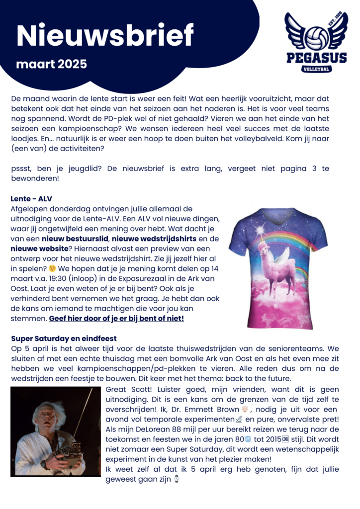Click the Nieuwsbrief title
click(105, 35)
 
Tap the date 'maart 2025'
click(51, 64)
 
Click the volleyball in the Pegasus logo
click(317, 37)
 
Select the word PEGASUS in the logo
click(317, 58)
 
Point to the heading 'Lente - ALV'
click(32, 199)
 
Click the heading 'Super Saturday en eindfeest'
click(64, 339)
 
